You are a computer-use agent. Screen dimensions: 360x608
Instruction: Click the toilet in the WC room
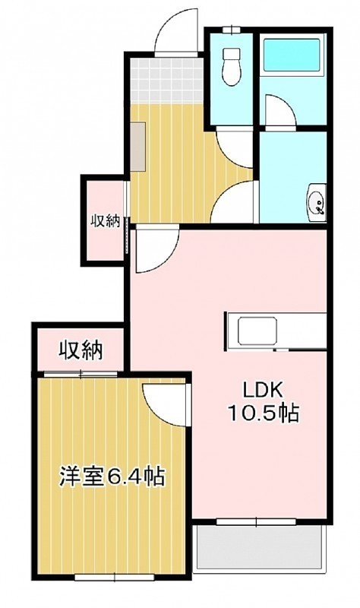(232, 65)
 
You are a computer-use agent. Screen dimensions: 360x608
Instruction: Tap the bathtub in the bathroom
(292, 55)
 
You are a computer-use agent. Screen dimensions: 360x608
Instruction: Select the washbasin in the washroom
(317, 203)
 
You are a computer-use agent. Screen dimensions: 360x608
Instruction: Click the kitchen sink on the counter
(257, 331)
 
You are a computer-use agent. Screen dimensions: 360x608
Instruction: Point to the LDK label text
(264, 391)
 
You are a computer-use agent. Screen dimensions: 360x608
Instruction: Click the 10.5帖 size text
(264, 413)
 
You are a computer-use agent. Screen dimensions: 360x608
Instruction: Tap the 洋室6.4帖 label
(112, 477)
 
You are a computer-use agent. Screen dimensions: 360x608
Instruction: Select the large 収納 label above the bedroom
(81, 350)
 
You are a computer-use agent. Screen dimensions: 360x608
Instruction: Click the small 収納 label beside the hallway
(106, 221)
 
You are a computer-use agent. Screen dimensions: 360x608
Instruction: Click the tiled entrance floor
(167, 80)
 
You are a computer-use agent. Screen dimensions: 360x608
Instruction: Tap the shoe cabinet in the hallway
(137, 147)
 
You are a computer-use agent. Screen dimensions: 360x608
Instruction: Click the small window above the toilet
(232, 30)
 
